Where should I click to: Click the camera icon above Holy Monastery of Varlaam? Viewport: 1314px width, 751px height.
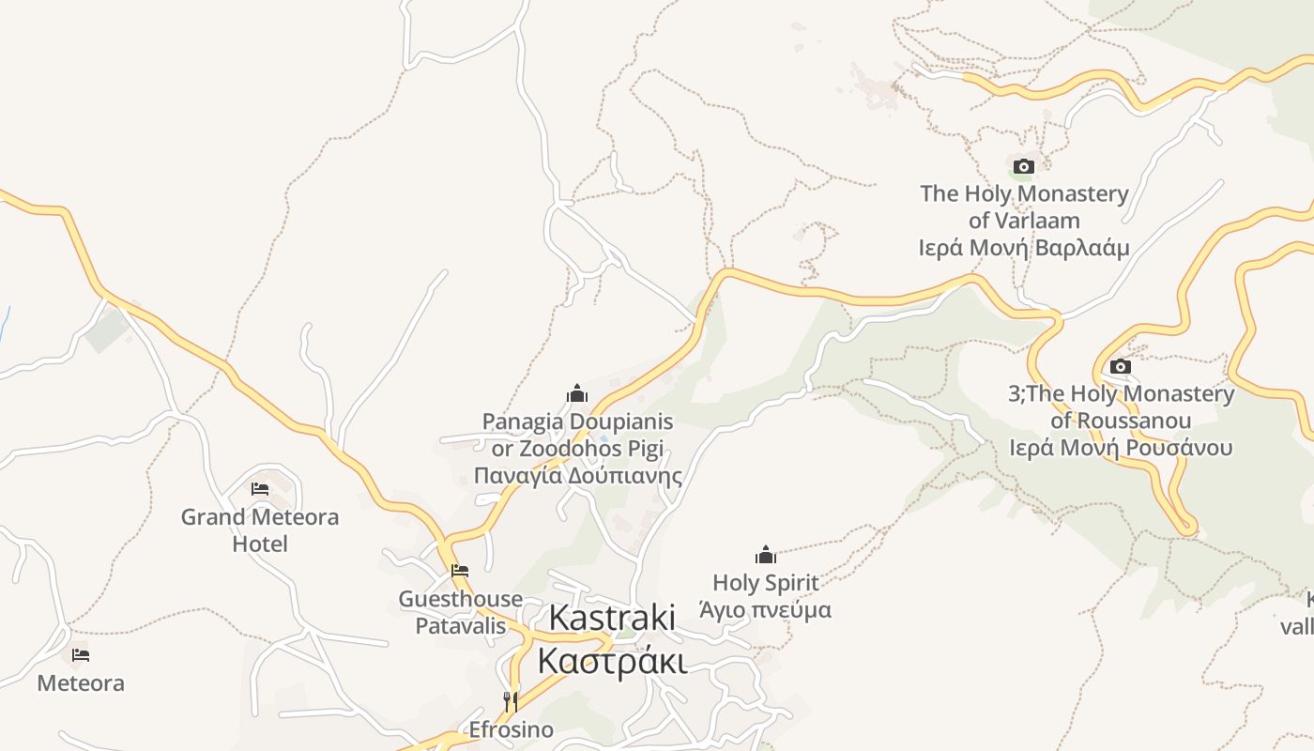coord(1024,167)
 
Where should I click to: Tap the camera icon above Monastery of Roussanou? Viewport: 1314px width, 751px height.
coord(1120,367)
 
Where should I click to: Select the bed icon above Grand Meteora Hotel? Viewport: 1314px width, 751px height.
coord(260,489)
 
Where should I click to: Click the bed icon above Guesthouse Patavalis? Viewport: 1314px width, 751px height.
coord(460,570)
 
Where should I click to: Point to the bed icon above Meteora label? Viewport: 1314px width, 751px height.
coord(81,654)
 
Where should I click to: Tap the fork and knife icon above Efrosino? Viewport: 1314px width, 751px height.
coord(511,701)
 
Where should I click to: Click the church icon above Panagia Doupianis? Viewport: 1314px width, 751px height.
coord(577,393)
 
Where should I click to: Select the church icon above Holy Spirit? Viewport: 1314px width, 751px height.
coord(766,555)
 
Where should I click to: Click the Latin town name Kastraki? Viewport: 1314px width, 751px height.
coord(612,618)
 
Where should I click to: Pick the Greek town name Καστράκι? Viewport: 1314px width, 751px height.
coord(612,659)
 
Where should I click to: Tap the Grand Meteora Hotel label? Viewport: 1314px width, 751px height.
coord(260,530)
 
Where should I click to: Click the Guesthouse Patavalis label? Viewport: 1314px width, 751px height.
coord(461,612)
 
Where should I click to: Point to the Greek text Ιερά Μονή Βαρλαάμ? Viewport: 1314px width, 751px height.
coord(1024,248)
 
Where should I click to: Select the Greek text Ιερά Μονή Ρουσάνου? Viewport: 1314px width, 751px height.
coord(1121,448)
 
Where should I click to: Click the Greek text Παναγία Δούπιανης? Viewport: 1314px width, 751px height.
coord(577,475)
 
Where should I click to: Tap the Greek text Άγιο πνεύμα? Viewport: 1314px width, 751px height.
coord(766,610)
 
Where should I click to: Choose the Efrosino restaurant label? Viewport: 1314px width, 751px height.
coord(511,729)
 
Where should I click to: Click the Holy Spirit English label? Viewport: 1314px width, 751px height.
coord(766,583)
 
